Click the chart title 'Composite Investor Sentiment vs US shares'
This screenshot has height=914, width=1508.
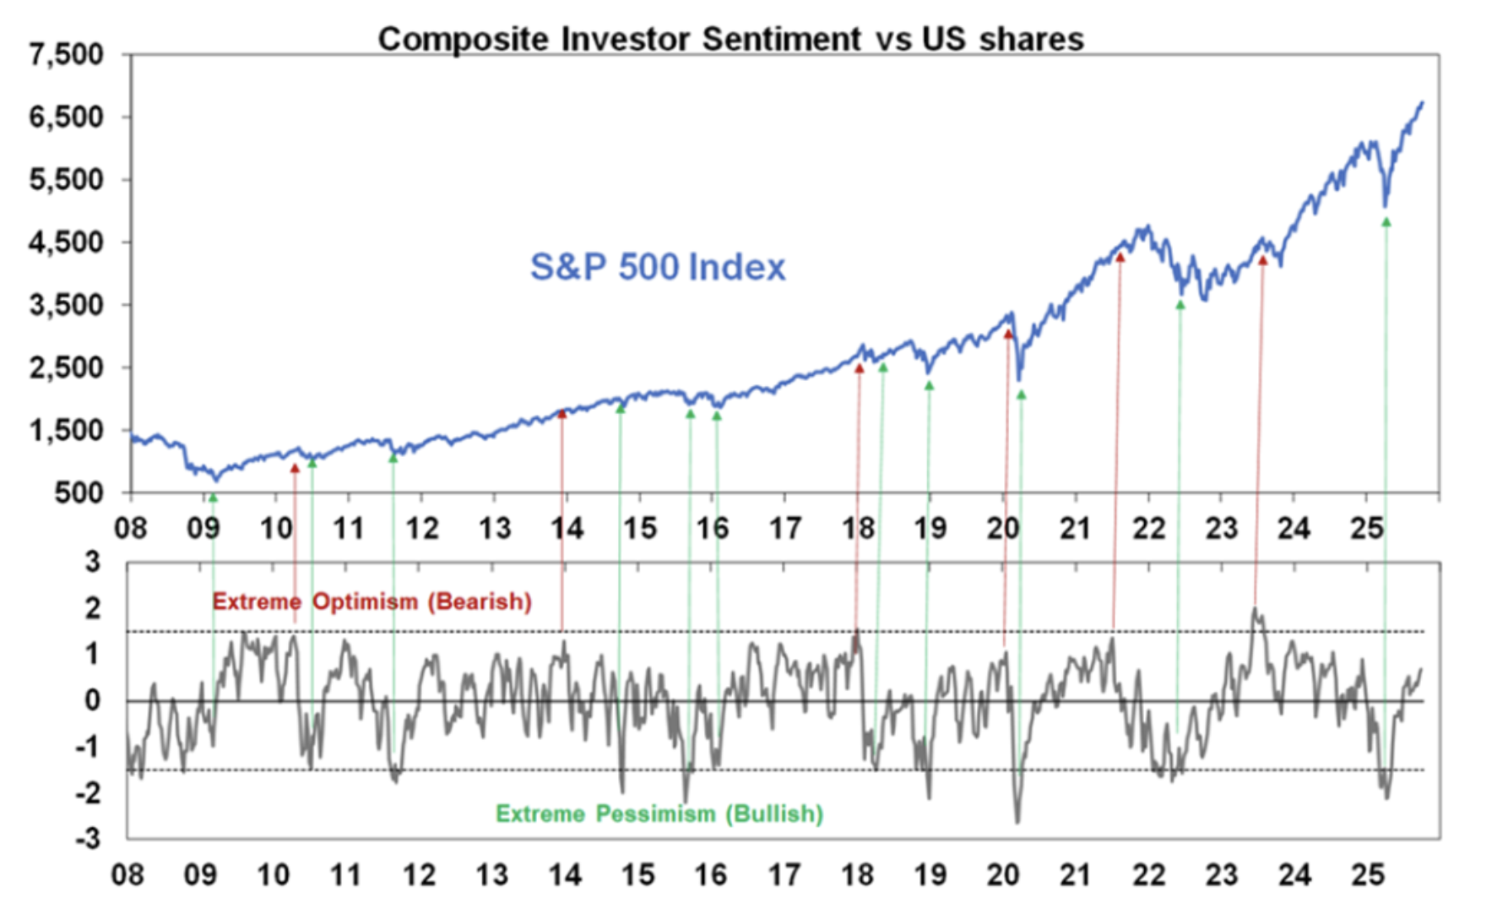(x=730, y=39)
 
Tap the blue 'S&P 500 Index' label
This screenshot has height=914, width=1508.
(x=658, y=267)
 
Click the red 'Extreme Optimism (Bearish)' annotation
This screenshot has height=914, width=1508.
(x=372, y=601)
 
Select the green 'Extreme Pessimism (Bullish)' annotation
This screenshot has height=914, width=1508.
(x=659, y=813)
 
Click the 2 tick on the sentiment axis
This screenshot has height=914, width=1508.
(x=92, y=608)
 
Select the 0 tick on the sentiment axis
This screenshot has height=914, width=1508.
(x=92, y=700)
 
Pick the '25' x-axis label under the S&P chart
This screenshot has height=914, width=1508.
(x=1366, y=529)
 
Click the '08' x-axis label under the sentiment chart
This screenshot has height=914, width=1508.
(x=127, y=875)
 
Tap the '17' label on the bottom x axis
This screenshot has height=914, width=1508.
(x=784, y=875)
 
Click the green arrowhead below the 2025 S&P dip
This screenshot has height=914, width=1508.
(x=1386, y=222)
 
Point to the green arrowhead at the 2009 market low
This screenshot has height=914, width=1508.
(x=213, y=498)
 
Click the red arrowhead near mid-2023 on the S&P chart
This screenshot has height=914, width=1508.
(x=1262, y=261)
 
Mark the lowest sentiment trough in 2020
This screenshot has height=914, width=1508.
(x=1017, y=822)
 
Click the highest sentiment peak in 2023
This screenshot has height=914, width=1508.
(x=1255, y=608)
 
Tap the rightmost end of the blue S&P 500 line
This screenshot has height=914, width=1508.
(x=1423, y=103)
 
